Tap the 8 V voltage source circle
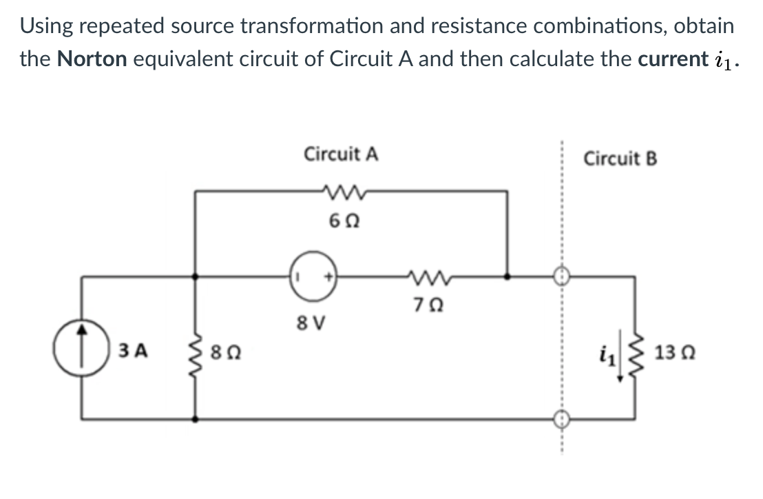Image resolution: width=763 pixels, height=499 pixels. pyautogui.click(x=313, y=277)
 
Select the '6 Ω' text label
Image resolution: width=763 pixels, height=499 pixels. pyautogui.click(x=342, y=223)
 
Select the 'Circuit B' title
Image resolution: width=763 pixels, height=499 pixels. pyautogui.click(x=620, y=159)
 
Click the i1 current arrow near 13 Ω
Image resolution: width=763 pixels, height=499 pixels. pyautogui.click(x=618, y=356)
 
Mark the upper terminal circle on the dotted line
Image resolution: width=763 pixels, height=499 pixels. pyautogui.click(x=561, y=277)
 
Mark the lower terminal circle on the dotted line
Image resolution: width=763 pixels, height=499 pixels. pyautogui.click(x=561, y=418)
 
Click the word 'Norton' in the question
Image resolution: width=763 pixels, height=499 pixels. pyautogui.click(x=92, y=59)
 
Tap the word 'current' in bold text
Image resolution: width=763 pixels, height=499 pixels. pyautogui.click(x=668, y=59)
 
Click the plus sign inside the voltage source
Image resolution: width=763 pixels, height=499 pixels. pyautogui.click(x=329, y=277)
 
